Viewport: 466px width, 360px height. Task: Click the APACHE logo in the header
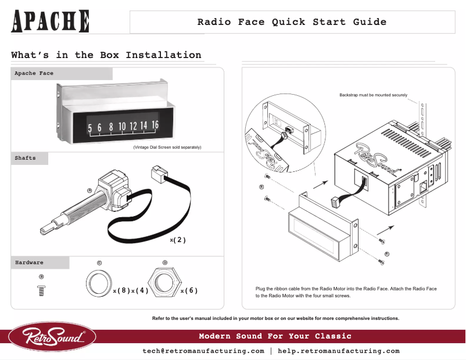click(x=51, y=21)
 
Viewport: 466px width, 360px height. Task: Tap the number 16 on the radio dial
click(x=155, y=125)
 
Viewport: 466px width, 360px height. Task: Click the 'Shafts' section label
click(x=25, y=158)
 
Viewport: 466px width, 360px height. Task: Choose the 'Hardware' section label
click(x=29, y=262)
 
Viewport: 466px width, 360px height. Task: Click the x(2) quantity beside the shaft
click(x=178, y=239)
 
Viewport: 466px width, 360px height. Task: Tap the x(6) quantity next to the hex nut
click(x=189, y=290)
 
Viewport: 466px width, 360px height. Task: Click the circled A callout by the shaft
click(x=89, y=190)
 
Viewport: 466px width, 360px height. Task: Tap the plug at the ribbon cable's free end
click(x=158, y=173)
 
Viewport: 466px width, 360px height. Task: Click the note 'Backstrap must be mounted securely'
click(x=373, y=95)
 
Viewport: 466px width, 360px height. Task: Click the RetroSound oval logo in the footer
click(x=52, y=337)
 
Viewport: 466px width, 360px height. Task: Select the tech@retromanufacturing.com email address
click(x=203, y=351)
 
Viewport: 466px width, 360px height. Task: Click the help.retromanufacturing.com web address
click(x=339, y=351)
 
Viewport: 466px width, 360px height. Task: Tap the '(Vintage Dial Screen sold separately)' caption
click(x=167, y=147)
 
